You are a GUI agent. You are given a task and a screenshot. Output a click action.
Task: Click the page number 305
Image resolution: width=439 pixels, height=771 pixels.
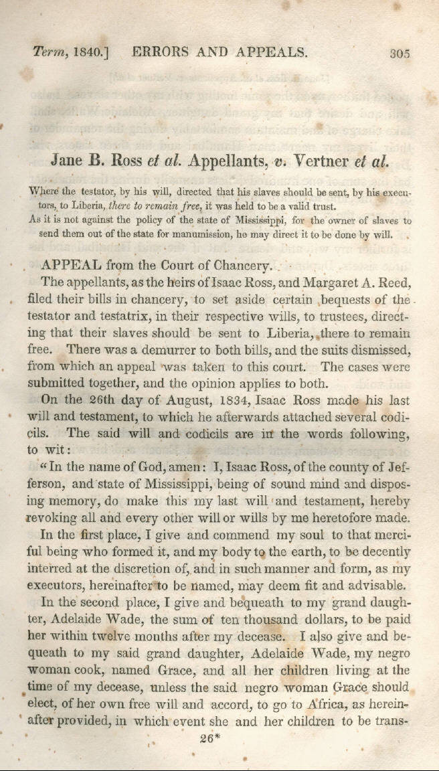point(400,53)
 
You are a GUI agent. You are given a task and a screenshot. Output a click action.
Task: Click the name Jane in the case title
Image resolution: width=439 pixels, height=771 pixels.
point(69,161)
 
